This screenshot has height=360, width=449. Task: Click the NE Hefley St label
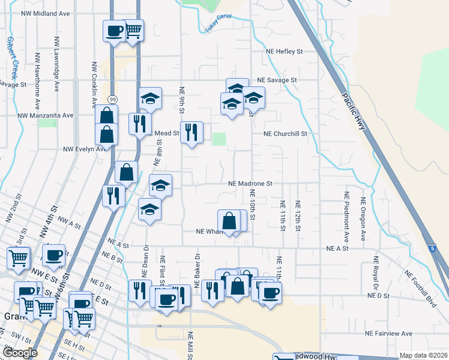[285, 52]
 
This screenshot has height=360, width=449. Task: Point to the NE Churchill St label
[288, 134]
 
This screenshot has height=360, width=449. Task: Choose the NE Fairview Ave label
[390, 333]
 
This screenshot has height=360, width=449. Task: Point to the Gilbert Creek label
[12, 58]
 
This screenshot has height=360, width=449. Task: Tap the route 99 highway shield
[112, 99]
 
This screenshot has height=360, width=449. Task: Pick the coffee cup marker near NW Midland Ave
[114, 31]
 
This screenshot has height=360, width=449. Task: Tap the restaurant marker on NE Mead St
[191, 133]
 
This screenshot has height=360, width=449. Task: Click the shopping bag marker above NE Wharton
[229, 221]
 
